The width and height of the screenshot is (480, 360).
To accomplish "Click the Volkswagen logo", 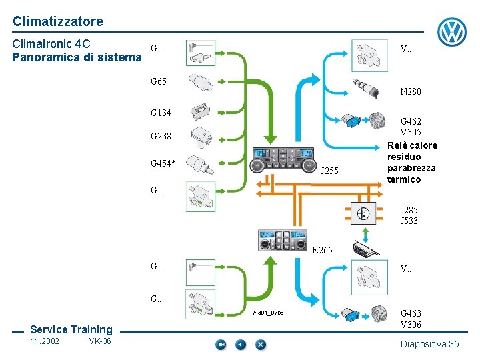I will coord(452,31).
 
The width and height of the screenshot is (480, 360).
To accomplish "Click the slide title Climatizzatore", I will coord(57,21).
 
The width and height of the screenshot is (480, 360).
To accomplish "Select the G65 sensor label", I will coord(159,82).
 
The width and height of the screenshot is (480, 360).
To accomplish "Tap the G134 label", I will coord(161,113).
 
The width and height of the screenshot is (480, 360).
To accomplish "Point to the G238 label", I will coord(161,137).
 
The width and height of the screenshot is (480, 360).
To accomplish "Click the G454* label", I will coord(163,163).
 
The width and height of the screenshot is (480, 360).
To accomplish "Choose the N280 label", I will coord(410,91).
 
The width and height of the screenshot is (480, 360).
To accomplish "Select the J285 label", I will coord(409,210).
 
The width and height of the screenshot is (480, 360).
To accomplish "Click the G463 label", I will coord(410,313).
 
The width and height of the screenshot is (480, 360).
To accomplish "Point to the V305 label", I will coord(410,132).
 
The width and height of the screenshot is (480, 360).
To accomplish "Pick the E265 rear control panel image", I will coord(283,241).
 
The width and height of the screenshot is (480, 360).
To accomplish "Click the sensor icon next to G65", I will coord(201,83).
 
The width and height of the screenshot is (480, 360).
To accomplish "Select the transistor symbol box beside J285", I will coord(363,213).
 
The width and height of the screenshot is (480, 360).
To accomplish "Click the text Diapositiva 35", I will coord(429,344).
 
